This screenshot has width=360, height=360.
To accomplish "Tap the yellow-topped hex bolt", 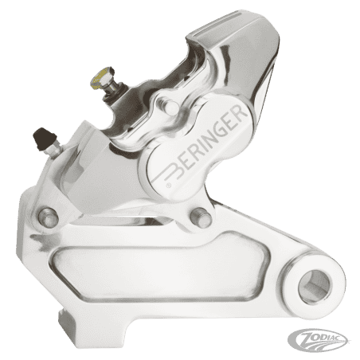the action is click(x=101, y=77).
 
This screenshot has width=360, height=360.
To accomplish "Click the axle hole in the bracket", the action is click(x=314, y=287).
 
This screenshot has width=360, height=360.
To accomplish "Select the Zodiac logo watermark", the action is click(x=319, y=340).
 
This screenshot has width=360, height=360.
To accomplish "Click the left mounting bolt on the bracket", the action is click(x=48, y=217).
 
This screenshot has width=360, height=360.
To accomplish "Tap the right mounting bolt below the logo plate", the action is click(x=201, y=217).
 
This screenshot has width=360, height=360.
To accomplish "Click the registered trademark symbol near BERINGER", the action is click(x=168, y=185).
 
